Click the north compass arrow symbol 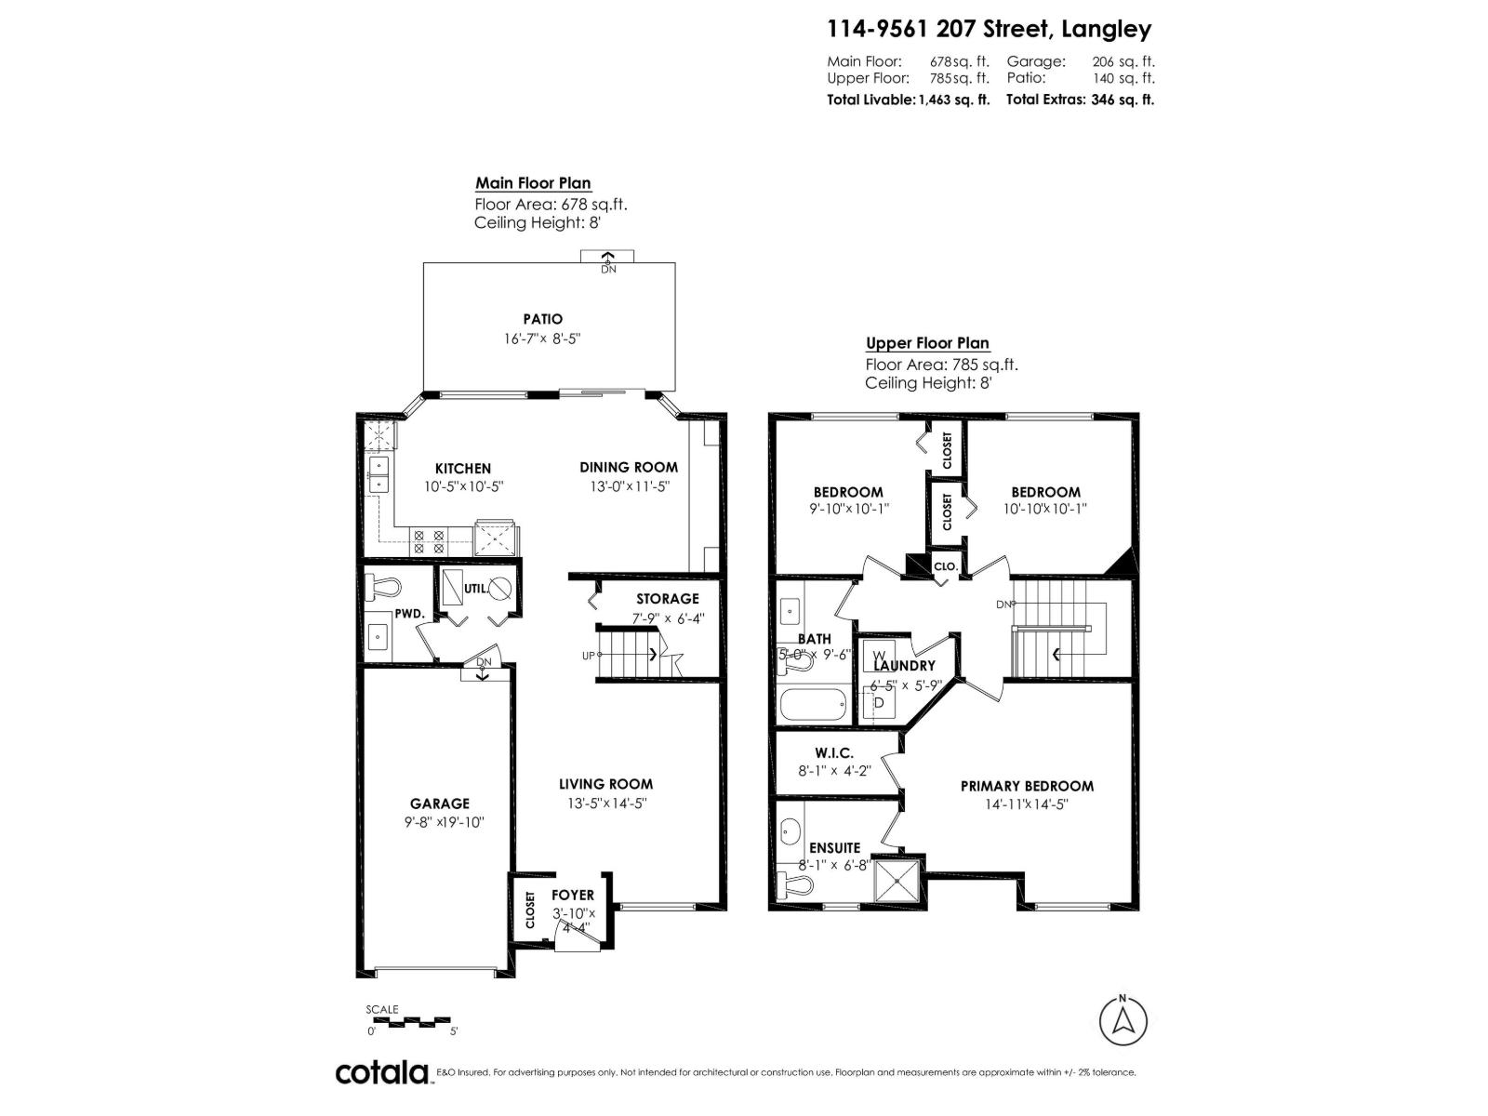(x=1123, y=1021)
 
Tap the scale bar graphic (x=408, y=1022)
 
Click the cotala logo (x=381, y=1072)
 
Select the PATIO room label (x=542, y=319)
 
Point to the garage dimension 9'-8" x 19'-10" (x=445, y=822)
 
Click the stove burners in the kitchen (x=430, y=541)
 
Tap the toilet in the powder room (x=383, y=586)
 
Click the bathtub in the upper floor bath (x=812, y=705)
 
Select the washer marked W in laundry (x=879, y=656)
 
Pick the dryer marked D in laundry (x=879, y=703)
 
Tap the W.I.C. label (x=833, y=752)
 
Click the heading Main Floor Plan (x=533, y=183)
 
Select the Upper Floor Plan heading (x=927, y=342)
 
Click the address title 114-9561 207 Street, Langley (x=989, y=29)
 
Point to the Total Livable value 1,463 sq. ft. (x=954, y=100)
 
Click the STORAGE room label (x=667, y=599)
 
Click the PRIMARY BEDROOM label (x=1027, y=786)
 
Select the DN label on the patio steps (x=608, y=270)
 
